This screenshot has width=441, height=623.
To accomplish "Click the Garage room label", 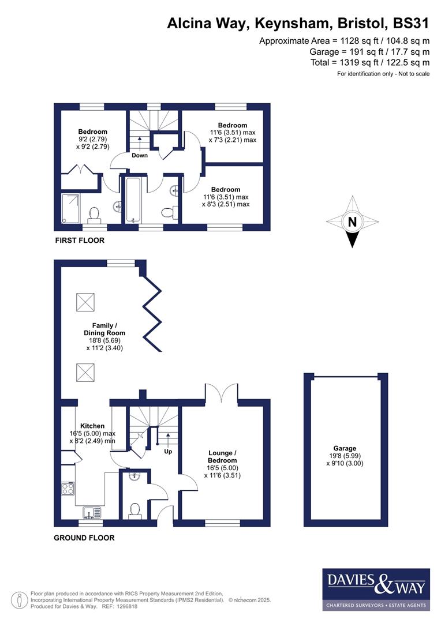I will click(345, 448).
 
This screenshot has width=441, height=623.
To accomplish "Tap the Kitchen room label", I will click(92, 426).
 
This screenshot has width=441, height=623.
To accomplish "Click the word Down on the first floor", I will click(140, 155).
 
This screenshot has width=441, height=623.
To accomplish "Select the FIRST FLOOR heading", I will click(80, 240).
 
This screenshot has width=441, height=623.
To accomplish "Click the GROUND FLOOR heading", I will click(84, 538).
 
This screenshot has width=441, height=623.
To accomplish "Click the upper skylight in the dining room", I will click(85, 300).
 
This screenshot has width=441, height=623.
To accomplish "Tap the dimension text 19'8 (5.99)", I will click(345, 456).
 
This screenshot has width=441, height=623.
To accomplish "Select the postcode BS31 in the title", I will click(410, 23).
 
